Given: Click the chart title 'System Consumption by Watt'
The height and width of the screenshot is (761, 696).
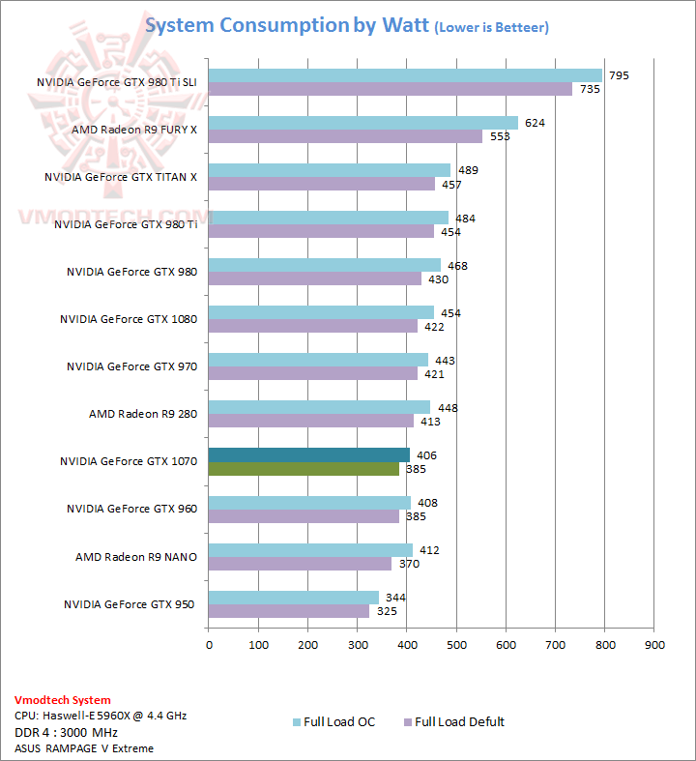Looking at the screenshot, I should pyautogui.click(x=285, y=25).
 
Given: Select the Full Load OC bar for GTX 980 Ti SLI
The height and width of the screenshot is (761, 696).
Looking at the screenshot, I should pyautogui.click(x=404, y=75).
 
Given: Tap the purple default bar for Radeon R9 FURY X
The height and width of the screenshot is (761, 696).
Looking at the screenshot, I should pyautogui.click(x=345, y=136).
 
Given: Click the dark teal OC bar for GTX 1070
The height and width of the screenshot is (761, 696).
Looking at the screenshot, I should pyautogui.click(x=308, y=454).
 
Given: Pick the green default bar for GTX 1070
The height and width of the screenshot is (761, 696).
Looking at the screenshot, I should pyautogui.click(x=304, y=469).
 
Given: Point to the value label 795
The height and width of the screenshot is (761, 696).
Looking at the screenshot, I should pyautogui.click(x=619, y=75).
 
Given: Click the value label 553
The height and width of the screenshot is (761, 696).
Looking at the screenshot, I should pyautogui.click(x=499, y=136).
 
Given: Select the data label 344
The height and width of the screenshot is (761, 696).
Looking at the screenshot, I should pyautogui.click(x=395, y=597).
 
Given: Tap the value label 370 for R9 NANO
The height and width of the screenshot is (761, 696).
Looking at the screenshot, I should pyautogui.click(x=408, y=564).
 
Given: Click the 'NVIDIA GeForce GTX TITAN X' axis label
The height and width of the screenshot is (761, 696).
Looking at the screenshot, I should pyautogui.click(x=120, y=177).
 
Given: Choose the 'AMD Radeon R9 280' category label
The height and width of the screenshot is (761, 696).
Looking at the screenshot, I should pyautogui.click(x=142, y=414).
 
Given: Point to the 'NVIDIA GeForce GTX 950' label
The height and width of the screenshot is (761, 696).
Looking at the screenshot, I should pyautogui.click(x=130, y=604).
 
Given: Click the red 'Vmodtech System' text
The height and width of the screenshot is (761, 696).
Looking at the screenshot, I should pyautogui.click(x=63, y=699).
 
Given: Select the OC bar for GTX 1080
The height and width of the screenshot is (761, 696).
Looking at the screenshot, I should pyautogui.click(x=321, y=312).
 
